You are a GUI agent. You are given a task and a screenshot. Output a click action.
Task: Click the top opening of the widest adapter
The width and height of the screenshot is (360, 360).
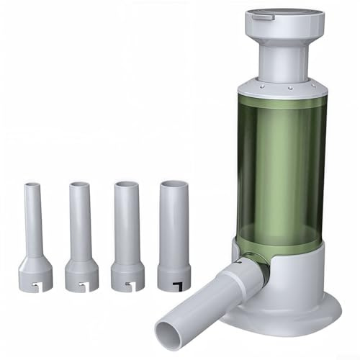tap(174, 183)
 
